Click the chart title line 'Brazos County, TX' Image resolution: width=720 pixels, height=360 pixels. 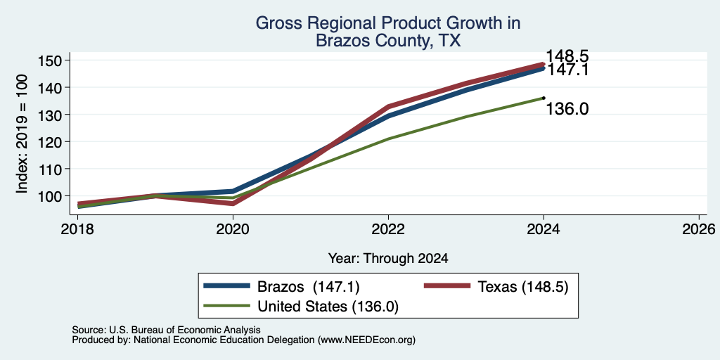pos(388,41)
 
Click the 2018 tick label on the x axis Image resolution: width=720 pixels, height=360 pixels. pos(77,229)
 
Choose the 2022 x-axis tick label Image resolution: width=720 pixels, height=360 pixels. pos(388,229)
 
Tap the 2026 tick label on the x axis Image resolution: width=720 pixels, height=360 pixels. pos(699,229)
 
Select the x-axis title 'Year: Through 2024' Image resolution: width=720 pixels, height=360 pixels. pos(388,259)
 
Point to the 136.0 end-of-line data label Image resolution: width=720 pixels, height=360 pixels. pos(567,109)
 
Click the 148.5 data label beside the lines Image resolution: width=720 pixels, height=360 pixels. pos(567,56)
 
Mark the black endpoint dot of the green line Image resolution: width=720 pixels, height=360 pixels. pos(544,98)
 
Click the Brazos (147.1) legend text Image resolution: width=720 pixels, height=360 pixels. pos(308,287)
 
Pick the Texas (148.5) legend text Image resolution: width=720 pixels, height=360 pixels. pos(523,287)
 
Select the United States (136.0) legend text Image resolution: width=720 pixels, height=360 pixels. pos(328,307)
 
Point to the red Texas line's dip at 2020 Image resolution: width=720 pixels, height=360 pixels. pos(233,203)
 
